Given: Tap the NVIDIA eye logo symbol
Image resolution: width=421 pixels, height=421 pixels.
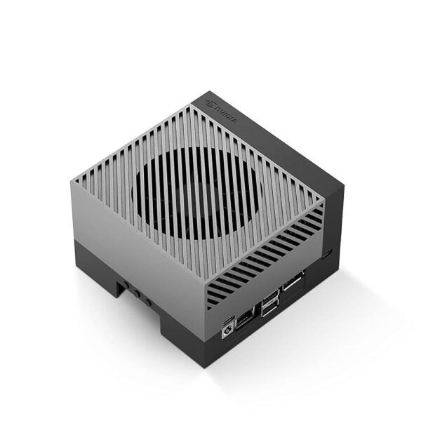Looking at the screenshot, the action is coord(210,104).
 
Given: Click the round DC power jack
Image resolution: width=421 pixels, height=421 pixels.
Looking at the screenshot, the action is coord(227,330).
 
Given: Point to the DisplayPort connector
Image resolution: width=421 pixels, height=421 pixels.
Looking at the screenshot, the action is coord(294,281).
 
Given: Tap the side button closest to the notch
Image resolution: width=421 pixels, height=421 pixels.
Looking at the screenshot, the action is coord(126,285).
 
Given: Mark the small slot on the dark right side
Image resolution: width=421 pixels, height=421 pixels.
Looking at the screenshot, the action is coord(327,253).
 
